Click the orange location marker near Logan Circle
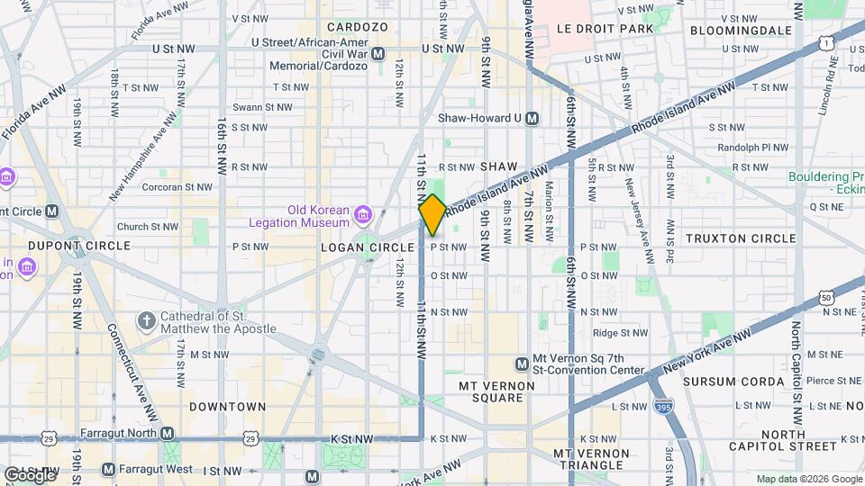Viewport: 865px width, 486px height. pos(432,215)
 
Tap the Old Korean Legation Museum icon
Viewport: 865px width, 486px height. pos(362,214)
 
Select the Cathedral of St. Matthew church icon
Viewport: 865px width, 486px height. pos(146,320)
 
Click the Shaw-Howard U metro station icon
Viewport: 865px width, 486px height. pos(533,118)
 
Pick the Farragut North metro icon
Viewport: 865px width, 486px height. pos(168,433)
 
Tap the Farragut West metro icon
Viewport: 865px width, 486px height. pos(108,469)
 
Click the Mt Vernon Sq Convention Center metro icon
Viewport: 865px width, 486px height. pos(522,364)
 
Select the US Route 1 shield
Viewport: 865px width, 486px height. pos(825,42)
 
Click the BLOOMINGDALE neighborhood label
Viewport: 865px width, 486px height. pos(741,30)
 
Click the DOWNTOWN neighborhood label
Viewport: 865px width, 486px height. pos(228,407)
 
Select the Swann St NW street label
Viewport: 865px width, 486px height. pos(262,107)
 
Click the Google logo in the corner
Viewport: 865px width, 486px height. pos(30,474)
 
